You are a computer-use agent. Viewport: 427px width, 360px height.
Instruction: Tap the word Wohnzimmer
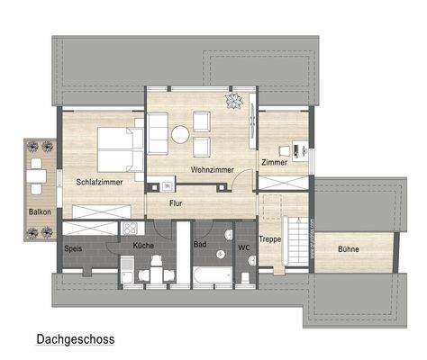(x=213, y=169)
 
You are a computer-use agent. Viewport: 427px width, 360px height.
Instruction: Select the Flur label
(x=177, y=203)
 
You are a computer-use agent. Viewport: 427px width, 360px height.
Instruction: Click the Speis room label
(x=74, y=246)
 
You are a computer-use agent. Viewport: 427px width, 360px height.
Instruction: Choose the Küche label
(x=143, y=246)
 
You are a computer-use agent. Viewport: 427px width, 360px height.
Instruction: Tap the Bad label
(x=200, y=243)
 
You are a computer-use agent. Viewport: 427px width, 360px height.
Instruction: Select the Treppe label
(x=270, y=239)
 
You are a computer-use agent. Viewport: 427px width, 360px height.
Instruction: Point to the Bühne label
(x=349, y=247)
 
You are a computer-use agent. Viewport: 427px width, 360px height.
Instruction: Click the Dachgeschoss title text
(x=75, y=340)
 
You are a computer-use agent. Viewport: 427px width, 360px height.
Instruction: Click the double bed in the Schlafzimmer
(x=118, y=148)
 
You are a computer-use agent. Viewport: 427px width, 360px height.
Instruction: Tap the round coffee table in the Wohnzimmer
(x=180, y=133)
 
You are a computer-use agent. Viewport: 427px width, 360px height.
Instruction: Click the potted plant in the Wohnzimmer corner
(x=232, y=100)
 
